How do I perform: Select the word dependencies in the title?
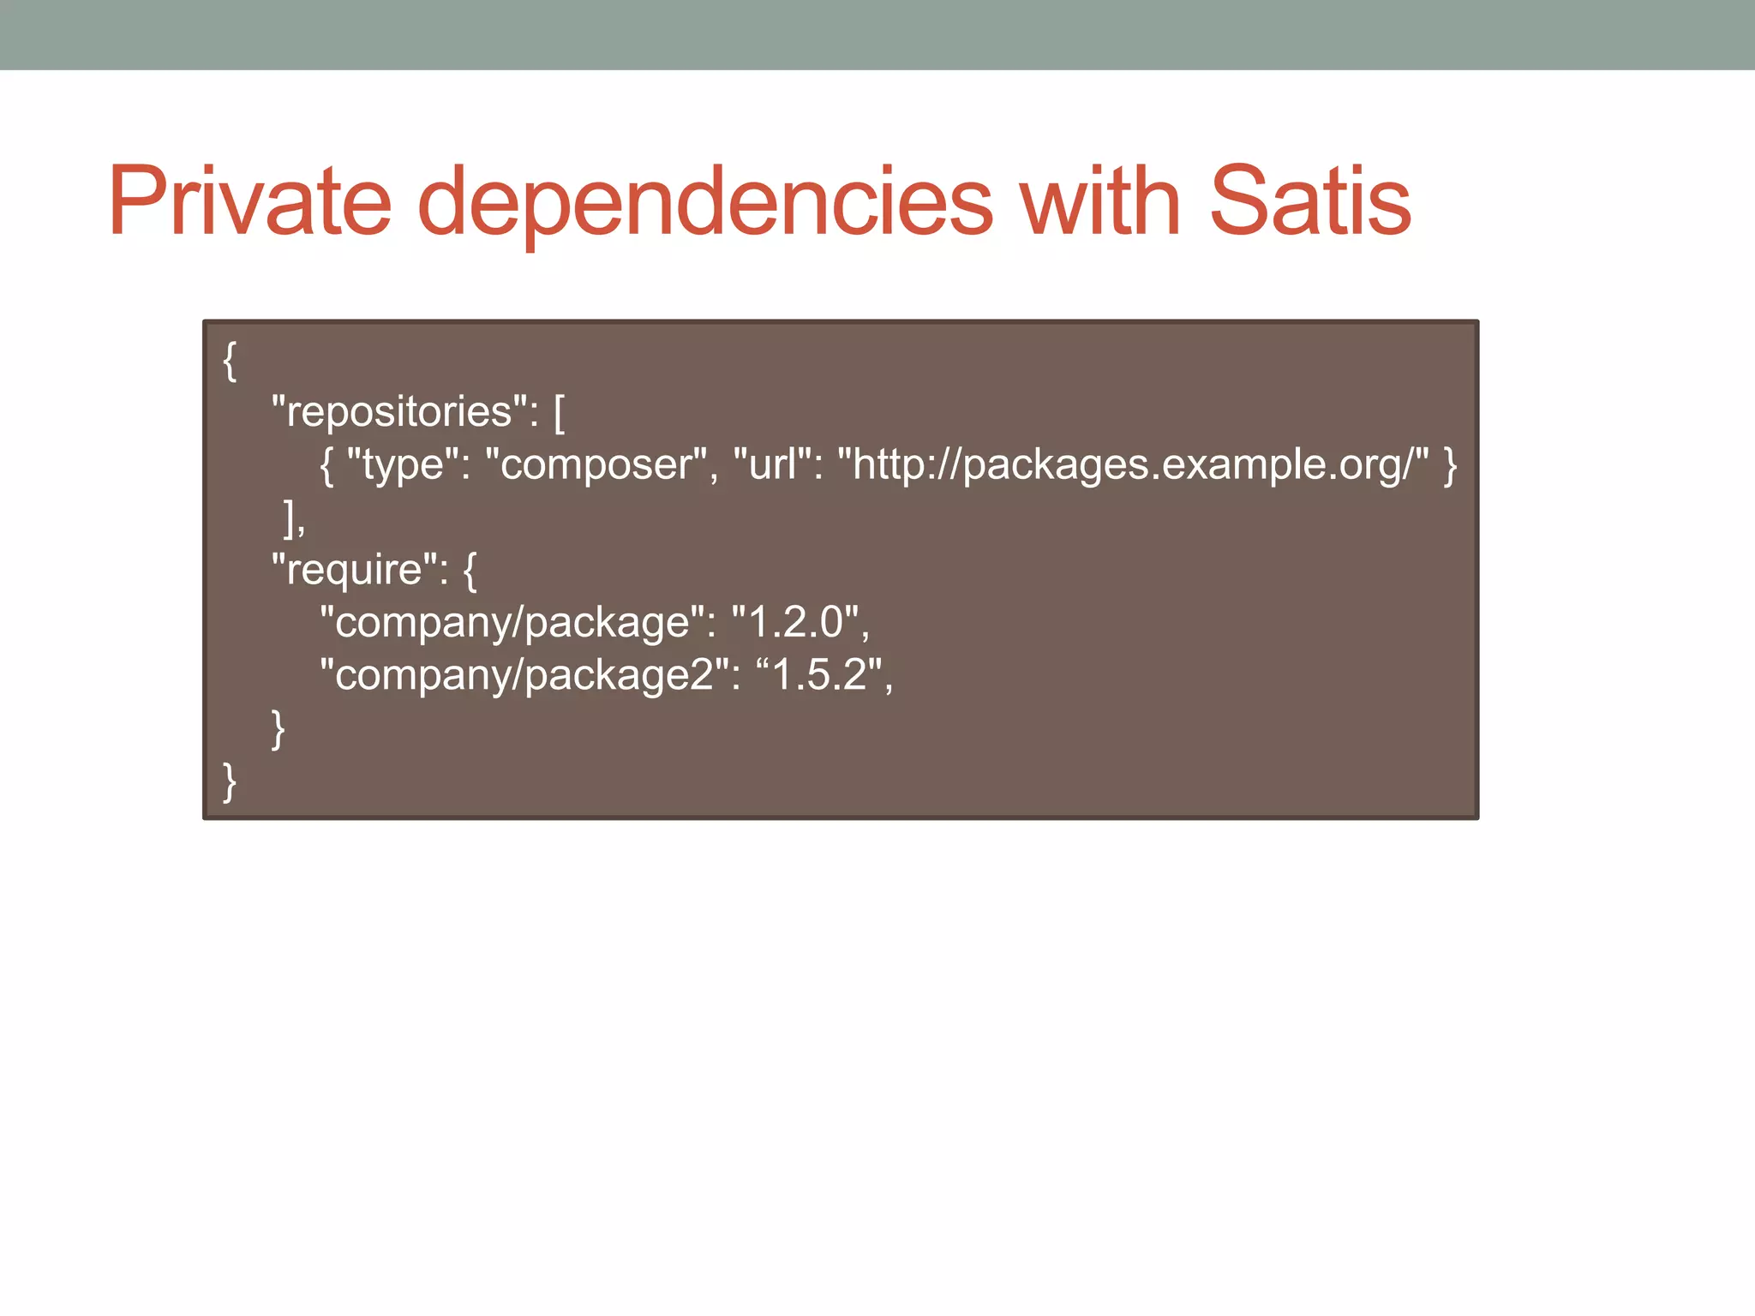pyautogui.click(x=704, y=204)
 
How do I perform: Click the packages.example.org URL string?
pyautogui.click(x=1133, y=465)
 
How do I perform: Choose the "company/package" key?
pyautogui.click(x=512, y=623)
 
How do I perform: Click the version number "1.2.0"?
pyautogui.click(x=796, y=623)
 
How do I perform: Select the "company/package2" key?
pyautogui.click(x=524, y=675)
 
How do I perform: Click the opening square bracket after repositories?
pyautogui.click(x=559, y=413)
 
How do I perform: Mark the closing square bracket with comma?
pyautogui.click(x=293, y=518)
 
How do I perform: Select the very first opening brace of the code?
pyautogui.click(x=229, y=361)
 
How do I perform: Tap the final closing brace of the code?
pyautogui.click(x=229, y=781)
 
